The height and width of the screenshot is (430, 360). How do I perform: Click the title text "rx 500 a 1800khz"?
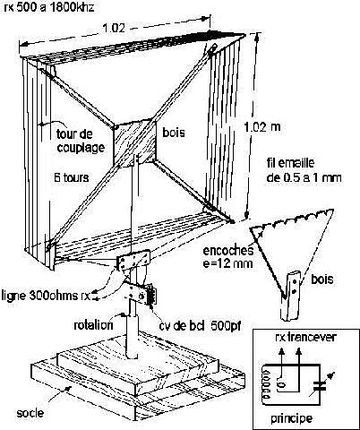pyautogui.click(x=48, y=6)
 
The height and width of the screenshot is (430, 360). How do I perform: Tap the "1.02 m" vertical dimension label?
pyautogui.click(x=262, y=127)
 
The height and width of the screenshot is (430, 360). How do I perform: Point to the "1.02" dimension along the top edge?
pyautogui.click(x=114, y=28)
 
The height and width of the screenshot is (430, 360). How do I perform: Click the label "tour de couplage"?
pyautogui.click(x=81, y=141)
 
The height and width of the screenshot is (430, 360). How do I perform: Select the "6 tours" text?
pyautogui.click(x=72, y=178)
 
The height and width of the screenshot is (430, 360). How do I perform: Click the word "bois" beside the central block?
pyautogui.click(x=174, y=133)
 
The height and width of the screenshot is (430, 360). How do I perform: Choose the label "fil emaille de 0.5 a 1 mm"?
pyautogui.click(x=304, y=170)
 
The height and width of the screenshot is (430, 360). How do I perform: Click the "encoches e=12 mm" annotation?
pyautogui.click(x=228, y=257)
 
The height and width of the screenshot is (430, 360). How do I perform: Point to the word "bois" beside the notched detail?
pyautogui.click(x=322, y=279)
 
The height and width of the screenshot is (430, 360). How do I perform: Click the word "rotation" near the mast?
pyautogui.click(x=93, y=325)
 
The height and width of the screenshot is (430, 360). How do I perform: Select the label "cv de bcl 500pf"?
pyautogui.click(x=200, y=325)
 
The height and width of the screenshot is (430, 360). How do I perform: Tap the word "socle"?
pyautogui.click(x=30, y=413)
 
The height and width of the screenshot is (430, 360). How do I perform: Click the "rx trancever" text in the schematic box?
pyautogui.click(x=305, y=337)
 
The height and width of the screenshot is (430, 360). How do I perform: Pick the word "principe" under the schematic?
pyautogui.click(x=292, y=418)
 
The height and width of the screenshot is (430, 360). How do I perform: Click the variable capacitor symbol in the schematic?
pyautogui.click(x=321, y=386)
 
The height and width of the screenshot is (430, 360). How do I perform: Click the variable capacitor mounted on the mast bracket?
pyautogui.click(x=151, y=295)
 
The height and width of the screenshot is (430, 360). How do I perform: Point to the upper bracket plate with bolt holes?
pyautogui.click(x=133, y=261)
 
